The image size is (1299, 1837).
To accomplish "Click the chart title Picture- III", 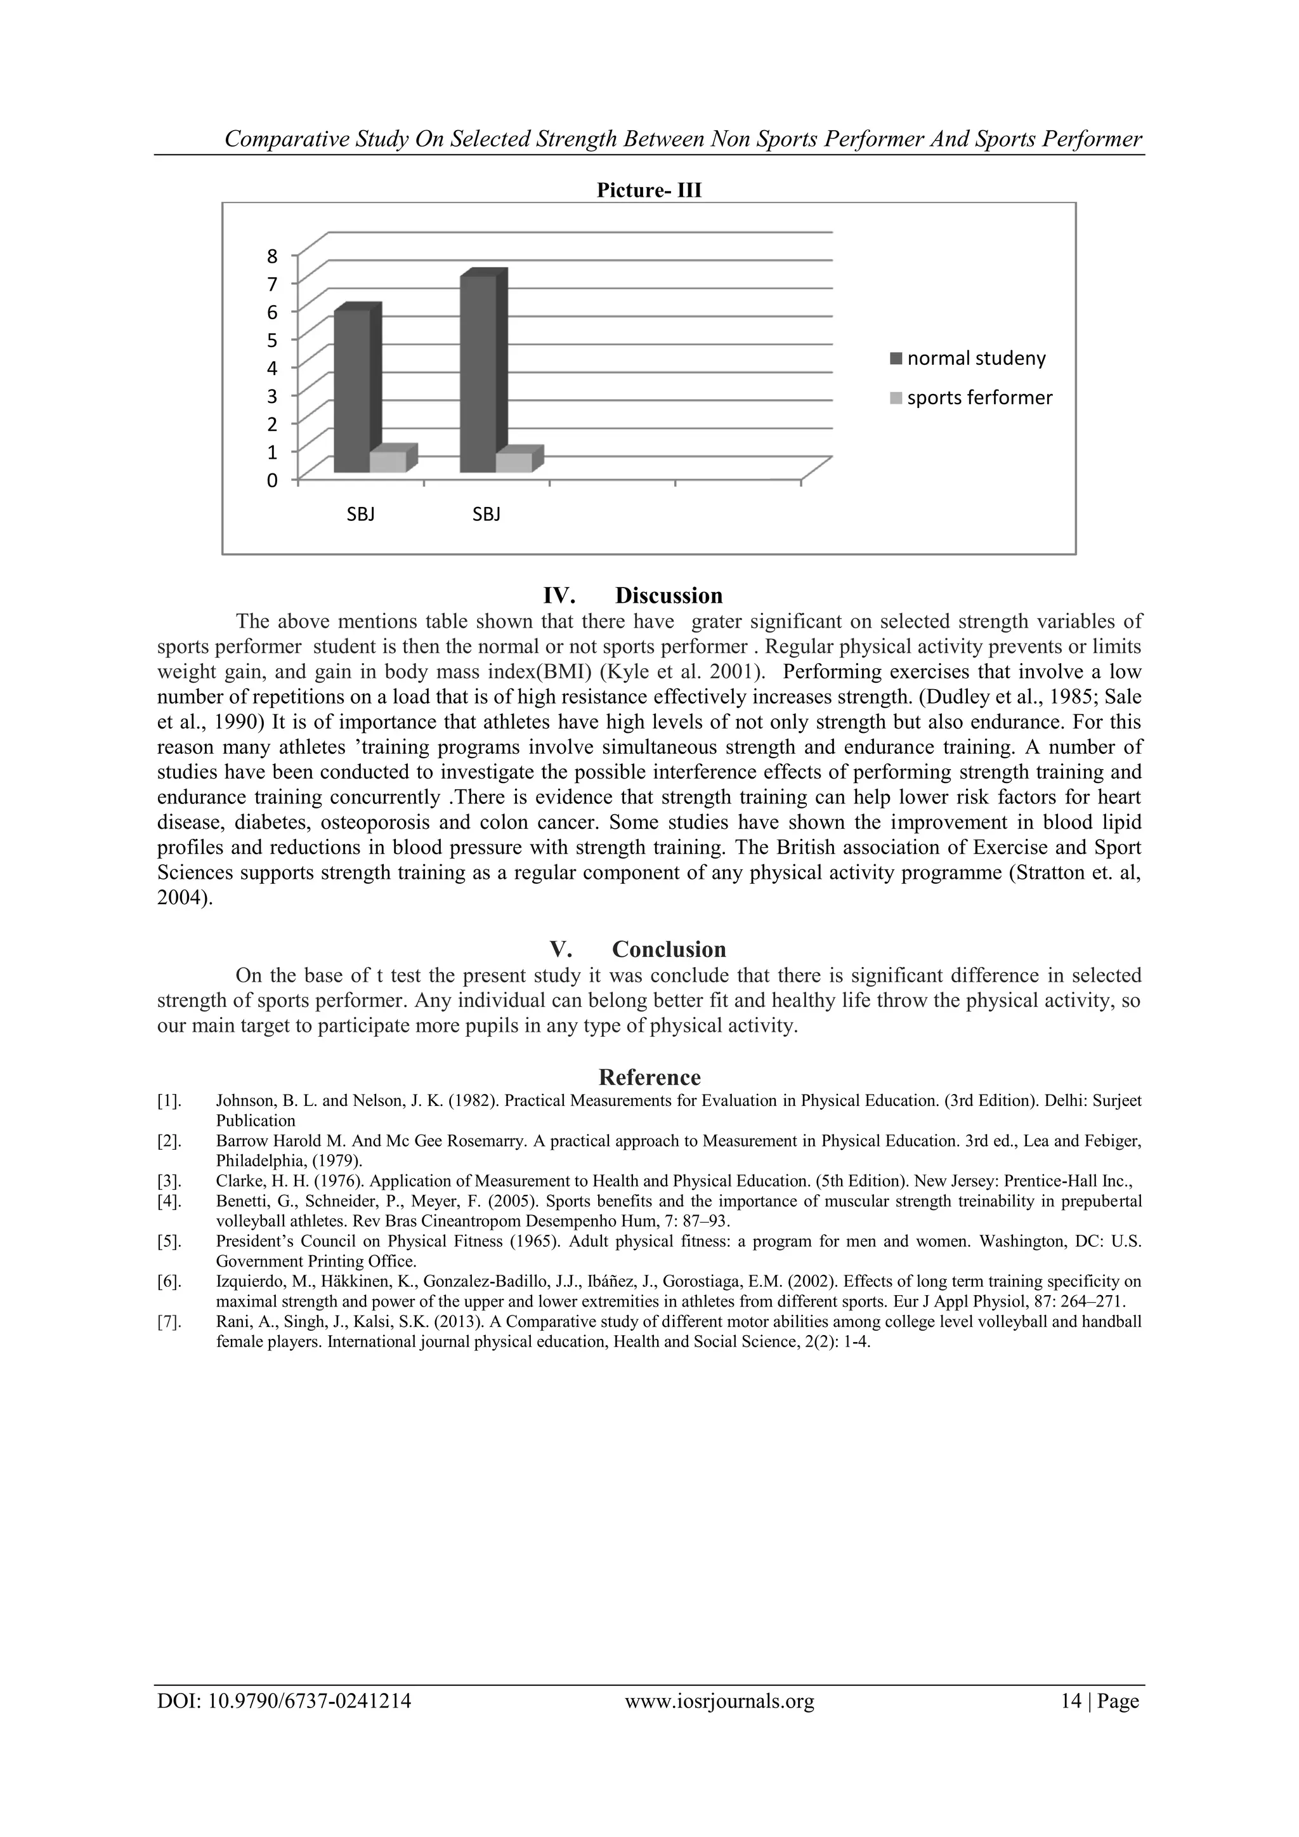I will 649,190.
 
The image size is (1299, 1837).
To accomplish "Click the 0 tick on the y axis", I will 273,481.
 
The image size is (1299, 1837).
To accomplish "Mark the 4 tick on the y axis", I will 273,369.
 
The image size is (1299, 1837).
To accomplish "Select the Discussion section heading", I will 669,595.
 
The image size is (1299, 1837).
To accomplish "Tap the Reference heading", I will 649,1077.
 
